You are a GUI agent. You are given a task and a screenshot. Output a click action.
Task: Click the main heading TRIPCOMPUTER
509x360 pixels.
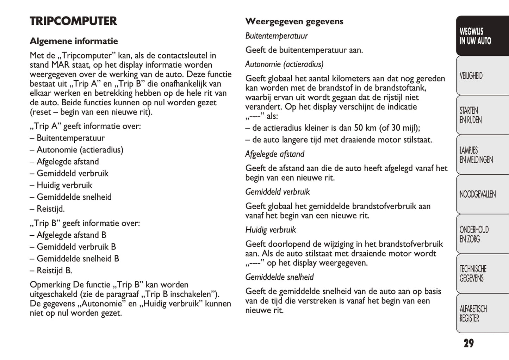[73, 21]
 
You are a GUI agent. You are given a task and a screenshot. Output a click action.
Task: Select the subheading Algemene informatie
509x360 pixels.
[74, 41]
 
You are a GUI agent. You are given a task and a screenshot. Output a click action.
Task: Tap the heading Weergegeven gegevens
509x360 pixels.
[294, 21]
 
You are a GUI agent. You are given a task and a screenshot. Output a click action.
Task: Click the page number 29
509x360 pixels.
[468, 343]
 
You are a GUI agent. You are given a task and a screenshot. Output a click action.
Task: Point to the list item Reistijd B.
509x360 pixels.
[54, 271]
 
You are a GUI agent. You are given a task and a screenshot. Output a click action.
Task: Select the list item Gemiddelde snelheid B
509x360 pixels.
[78, 259]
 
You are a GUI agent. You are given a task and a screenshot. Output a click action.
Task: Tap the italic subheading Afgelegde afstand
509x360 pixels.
[275, 154]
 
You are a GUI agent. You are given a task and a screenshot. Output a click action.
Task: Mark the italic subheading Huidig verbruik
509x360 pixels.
[271, 230]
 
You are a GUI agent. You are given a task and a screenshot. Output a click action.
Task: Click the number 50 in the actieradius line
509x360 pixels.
[359, 128]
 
